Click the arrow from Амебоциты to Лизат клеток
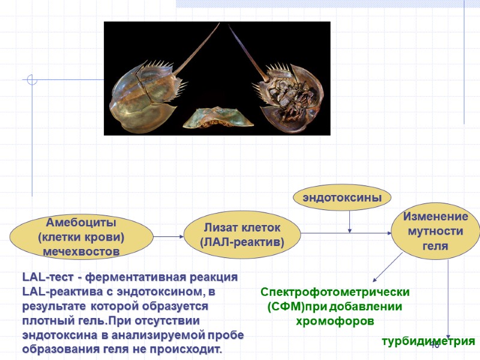click(x=165, y=236)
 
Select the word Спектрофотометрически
click(x=335, y=292)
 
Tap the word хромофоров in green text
click(x=335, y=321)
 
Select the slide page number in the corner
click(x=435, y=344)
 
